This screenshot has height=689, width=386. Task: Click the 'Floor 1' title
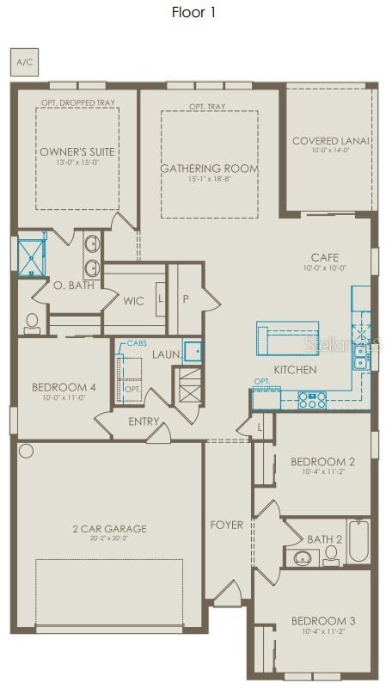(x=193, y=12)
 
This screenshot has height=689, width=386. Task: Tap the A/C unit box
(x=23, y=63)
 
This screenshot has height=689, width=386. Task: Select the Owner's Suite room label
(x=77, y=152)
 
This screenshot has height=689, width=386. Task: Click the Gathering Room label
(x=209, y=169)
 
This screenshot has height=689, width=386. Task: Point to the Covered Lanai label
(x=330, y=141)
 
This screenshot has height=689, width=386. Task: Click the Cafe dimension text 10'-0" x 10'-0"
(x=325, y=268)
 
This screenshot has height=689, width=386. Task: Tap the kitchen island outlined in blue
(x=287, y=337)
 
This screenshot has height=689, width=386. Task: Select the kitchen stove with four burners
(x=311, y=399)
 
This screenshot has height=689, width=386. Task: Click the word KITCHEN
(x=295, y=370)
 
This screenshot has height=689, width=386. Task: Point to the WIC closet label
(x=133, y=301)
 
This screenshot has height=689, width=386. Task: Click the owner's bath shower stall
(x=31, y=255)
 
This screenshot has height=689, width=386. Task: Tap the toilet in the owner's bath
(x=33, y=323)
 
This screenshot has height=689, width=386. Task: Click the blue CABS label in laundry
(x=137, y=343)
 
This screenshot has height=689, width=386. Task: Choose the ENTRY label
(x=144, y=421)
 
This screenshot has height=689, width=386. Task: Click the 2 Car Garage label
(x=108, y=529)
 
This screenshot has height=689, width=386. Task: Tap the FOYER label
(x=227, y=525)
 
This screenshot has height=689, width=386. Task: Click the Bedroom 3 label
(x=322, y=620)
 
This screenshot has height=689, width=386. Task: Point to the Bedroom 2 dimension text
(x=322, y=472)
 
